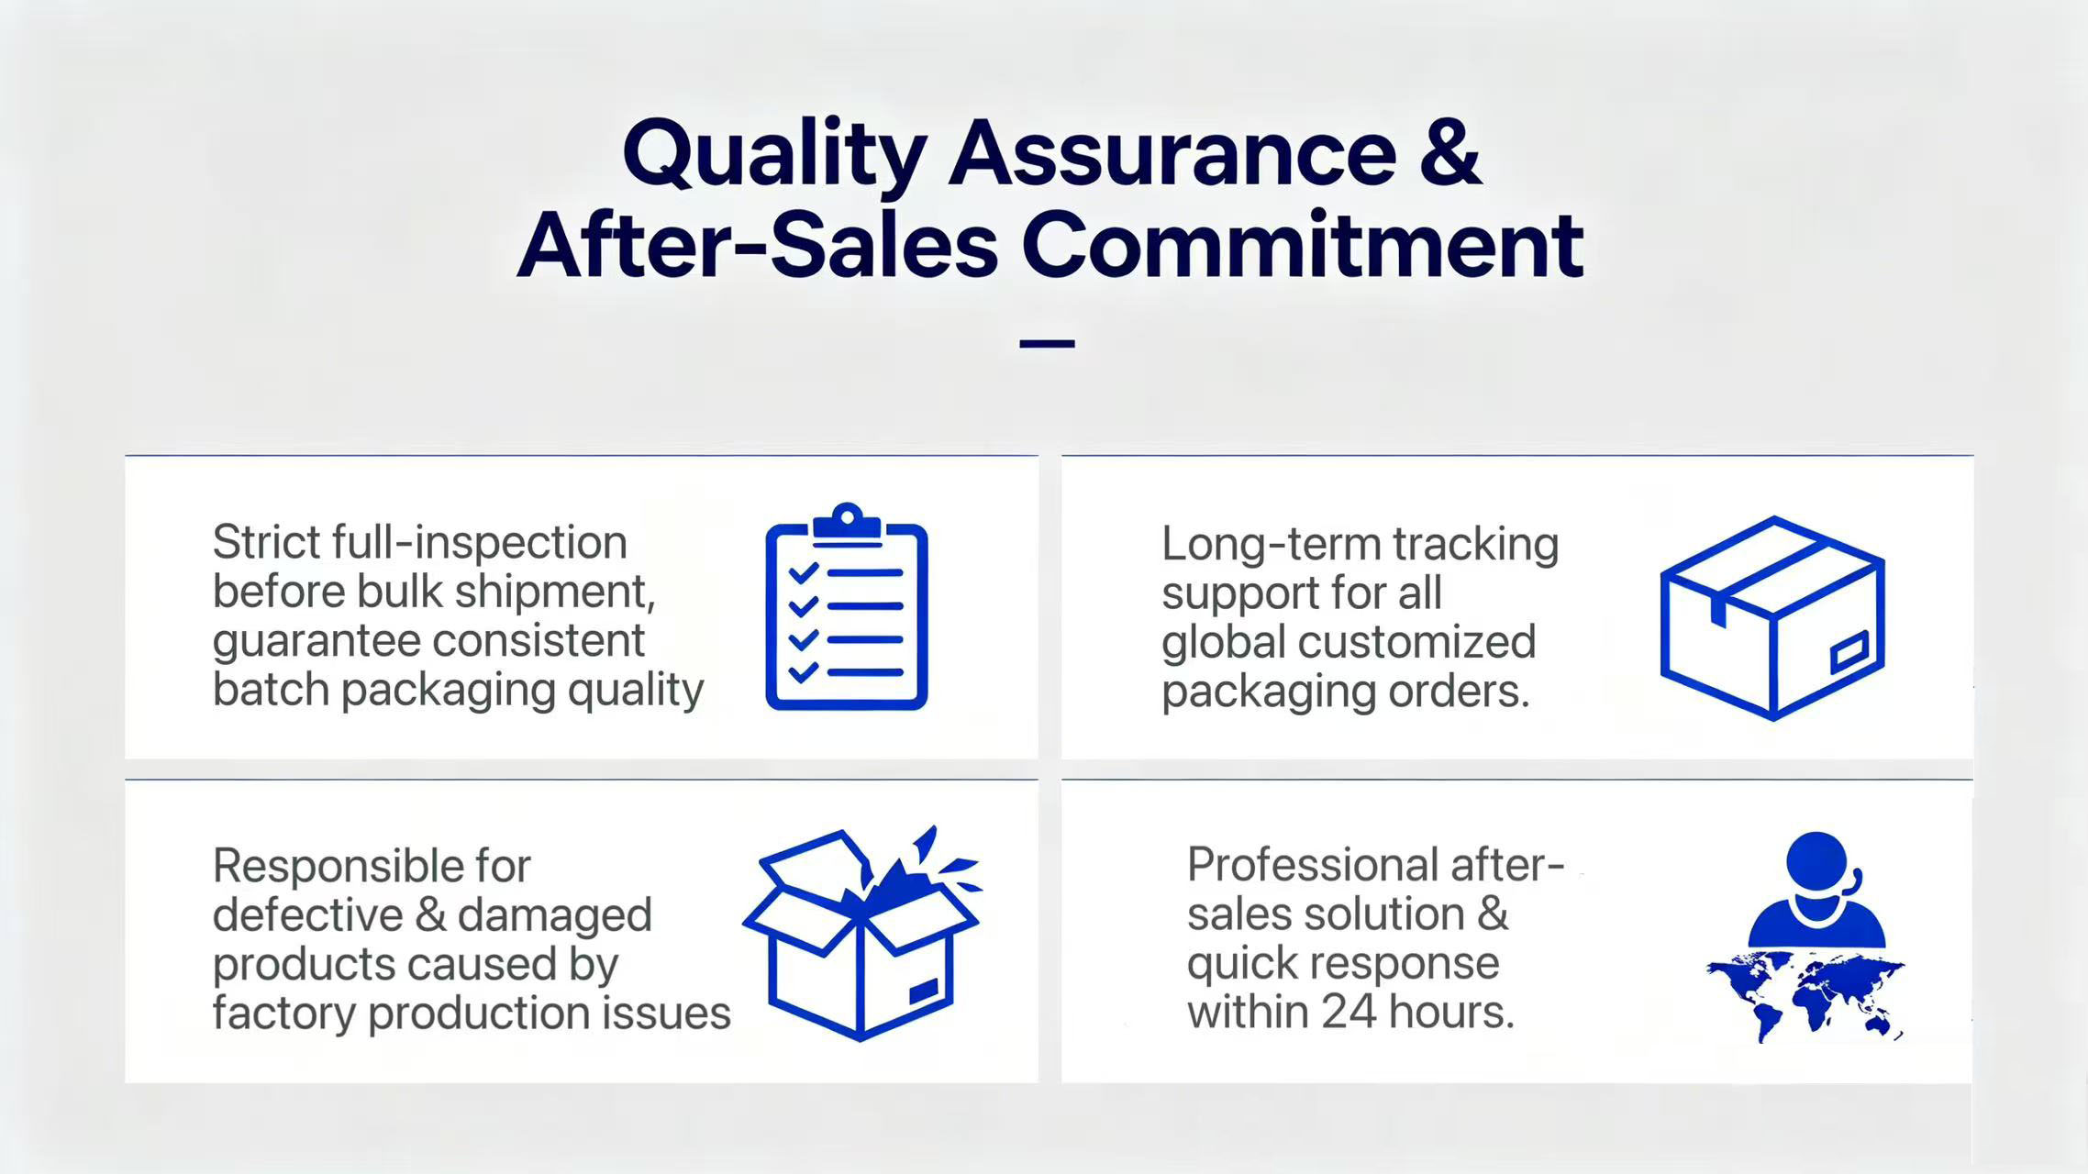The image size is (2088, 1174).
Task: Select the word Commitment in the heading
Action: [x=1303, y=244]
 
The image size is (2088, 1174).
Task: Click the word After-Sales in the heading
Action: [x=758, y=244]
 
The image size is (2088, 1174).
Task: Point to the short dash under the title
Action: [x=1047, y=344]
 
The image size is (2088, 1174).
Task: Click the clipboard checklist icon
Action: [x=847, y=606]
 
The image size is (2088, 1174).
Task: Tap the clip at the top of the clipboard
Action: [x=847, y=523]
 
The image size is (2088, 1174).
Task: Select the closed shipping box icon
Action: [x=1772, y=617]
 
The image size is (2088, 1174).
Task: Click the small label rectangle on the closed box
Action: [x=1849, y=651]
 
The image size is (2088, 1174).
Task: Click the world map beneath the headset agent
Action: [x=1805, y=996]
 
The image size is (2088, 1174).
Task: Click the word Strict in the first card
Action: [x=266, y=541]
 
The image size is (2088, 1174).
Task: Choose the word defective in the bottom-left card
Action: [x=308, y=915]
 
